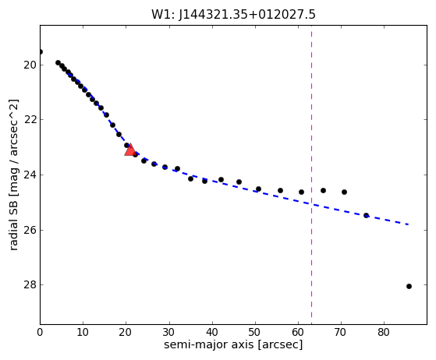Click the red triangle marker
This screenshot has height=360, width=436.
129,150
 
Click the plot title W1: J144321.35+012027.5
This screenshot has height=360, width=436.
233,15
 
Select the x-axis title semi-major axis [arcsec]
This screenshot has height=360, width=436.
233,344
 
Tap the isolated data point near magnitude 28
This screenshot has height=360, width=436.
409,287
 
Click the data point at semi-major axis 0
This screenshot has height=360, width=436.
41,51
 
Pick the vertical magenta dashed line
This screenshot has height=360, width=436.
311,175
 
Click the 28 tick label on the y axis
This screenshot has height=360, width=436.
30,285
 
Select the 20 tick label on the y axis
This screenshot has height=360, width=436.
30,65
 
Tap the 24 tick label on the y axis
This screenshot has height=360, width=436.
30,175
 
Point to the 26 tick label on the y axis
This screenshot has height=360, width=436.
30,231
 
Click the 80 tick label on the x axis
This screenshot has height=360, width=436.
384,332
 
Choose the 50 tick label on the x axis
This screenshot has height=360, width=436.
255,332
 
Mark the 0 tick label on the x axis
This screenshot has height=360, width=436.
40,332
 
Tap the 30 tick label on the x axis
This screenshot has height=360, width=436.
169,332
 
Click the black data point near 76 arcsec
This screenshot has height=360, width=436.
367,215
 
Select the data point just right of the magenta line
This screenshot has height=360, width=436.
323,191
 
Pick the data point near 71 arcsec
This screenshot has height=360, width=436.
344,192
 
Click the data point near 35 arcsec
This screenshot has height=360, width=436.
190,179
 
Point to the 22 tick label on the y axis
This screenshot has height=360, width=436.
30,120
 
